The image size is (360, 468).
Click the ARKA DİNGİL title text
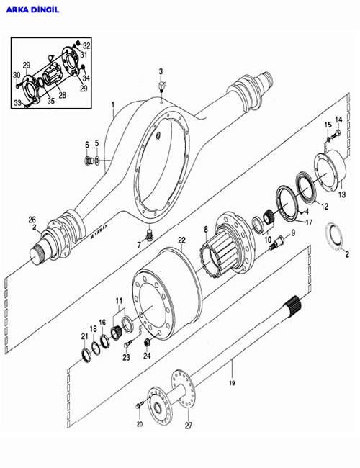pos(33,10)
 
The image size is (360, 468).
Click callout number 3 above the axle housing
pos(161,71)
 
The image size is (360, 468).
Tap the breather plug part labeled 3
pos(161,86)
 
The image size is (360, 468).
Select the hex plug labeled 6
pos(88,161)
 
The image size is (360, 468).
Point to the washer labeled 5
pos(97,161)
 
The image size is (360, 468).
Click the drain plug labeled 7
pos(149,235)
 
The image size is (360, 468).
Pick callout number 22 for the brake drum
pos(181,240)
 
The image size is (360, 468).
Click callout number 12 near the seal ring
pos(325,206)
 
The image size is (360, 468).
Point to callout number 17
pos(309,222)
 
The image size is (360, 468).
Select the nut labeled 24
pos(147,342)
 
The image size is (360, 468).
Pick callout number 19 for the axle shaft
pos(232,383)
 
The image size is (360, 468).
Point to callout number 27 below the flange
pos(189,426)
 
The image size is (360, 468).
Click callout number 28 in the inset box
pos(62,96)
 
